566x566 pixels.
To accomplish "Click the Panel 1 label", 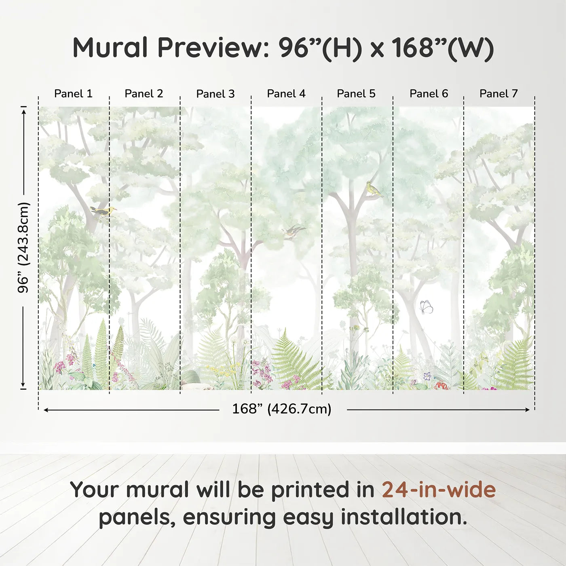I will coord(73,94).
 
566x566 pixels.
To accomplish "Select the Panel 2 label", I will coord(144,94).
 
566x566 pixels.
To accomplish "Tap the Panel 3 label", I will coord(215,94).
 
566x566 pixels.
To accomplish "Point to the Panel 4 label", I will coord(286,94).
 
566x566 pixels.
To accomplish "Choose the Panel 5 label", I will coord(356,94).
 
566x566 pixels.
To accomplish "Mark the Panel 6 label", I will coord(429,94).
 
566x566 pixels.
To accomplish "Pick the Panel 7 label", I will coord(498,94).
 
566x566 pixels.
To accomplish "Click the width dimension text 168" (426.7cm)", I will coord(281,409).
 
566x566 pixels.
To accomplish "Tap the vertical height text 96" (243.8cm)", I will coord(23,247).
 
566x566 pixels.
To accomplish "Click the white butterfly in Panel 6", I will coord(426,307).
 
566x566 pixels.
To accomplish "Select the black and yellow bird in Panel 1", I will coord(103,211).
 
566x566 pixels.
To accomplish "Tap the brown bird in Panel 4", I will coord(294,232).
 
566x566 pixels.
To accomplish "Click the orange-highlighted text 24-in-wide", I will coord(439,490).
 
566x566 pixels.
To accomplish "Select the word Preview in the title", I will coord(210,48).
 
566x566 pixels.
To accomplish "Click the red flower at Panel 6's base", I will coord(441,386).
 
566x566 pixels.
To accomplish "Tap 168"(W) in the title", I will coord(443,48).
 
